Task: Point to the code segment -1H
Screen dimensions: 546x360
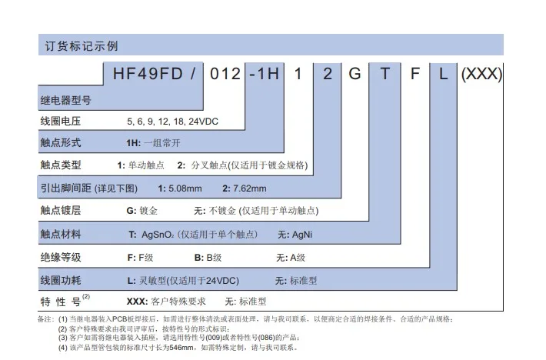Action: point(265,75)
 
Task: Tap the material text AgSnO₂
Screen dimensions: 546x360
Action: point(156,234)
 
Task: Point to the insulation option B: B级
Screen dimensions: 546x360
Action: point(208,256)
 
